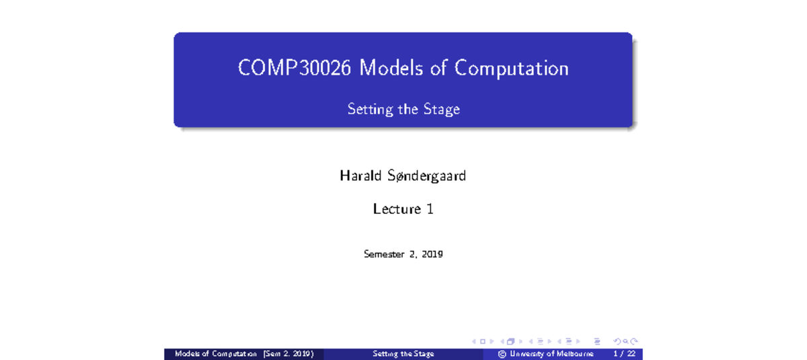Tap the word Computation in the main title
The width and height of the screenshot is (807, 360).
(511, 69)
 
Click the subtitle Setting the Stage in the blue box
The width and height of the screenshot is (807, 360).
(403, 109)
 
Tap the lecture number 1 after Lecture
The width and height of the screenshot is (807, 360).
(430, 209)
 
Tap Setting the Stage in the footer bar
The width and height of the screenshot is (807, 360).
(403, 354)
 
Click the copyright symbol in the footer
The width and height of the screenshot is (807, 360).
(502, 354)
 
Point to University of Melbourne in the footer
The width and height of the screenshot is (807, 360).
(551, 354)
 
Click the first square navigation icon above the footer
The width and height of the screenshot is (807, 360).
(482, 341)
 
